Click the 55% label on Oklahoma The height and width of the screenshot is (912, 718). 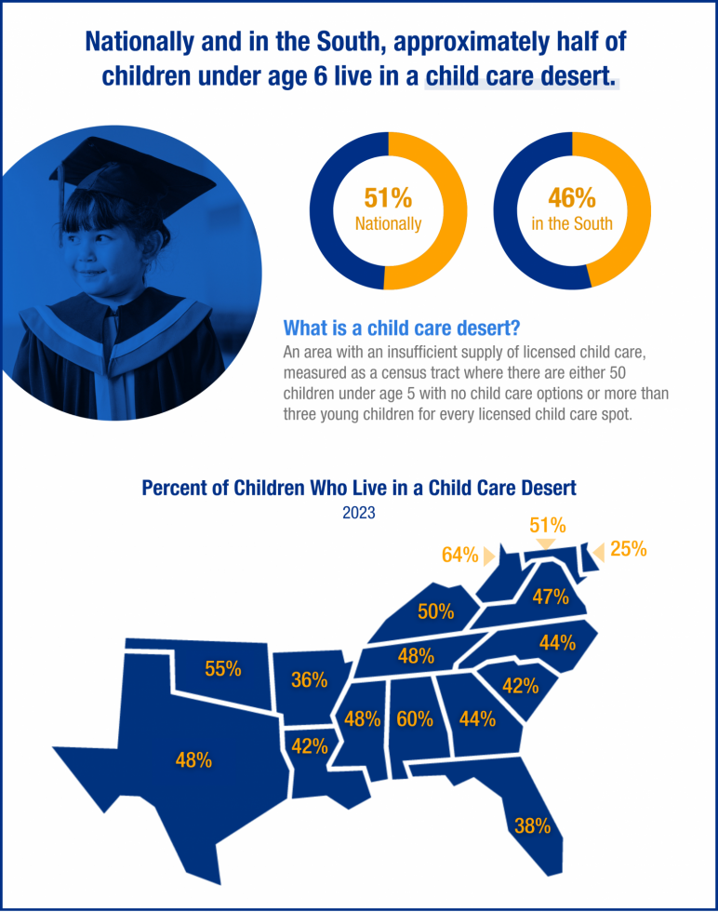(223, 668)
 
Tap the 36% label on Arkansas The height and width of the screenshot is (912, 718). (309, 680)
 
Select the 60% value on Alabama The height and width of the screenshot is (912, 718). (415, 719)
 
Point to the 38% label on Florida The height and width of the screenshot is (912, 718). (533, 825)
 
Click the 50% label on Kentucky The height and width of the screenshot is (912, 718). (435, 611)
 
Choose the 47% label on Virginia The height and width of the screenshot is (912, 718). (551, 597)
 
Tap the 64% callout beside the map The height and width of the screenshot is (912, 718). (460, 556)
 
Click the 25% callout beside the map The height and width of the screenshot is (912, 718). (628, 550)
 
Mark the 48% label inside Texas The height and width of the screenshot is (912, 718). (193, 760)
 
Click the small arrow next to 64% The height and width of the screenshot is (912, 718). (488, 557)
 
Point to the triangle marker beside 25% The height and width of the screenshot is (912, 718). (598, 551)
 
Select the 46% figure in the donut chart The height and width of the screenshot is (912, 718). (572, 198)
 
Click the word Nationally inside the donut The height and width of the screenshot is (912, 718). (388, 224)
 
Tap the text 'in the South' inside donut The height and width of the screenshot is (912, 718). (572, 224)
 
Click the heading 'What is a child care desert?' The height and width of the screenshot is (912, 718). (401, 329)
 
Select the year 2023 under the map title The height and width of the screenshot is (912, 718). (359, 512)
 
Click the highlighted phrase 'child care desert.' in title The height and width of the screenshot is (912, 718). (521, 76)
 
